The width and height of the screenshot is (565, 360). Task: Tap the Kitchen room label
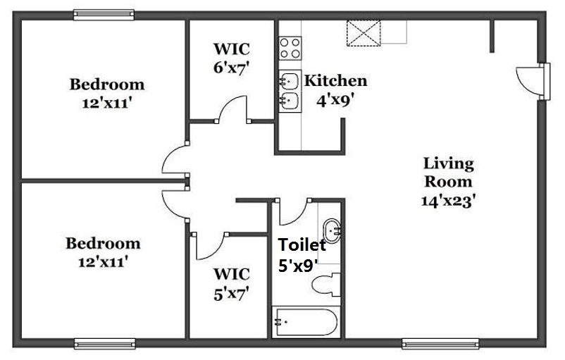point(335,80)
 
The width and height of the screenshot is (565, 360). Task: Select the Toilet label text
point(302,245)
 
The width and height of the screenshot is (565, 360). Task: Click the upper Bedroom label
point(106,85)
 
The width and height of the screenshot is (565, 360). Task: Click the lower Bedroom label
point(103,244)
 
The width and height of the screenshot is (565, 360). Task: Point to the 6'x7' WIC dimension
point(232,68)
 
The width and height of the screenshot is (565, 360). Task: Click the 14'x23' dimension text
point(448,200)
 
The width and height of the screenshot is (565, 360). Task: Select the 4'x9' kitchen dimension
point(334,100)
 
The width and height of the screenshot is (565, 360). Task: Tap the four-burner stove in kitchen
point(289,47)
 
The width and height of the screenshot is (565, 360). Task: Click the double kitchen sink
point(289,91)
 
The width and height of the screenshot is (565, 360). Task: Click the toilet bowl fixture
point(325,285)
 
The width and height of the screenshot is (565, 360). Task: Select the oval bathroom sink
point(332,230)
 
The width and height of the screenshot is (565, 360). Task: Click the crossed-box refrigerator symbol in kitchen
point(364,32)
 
